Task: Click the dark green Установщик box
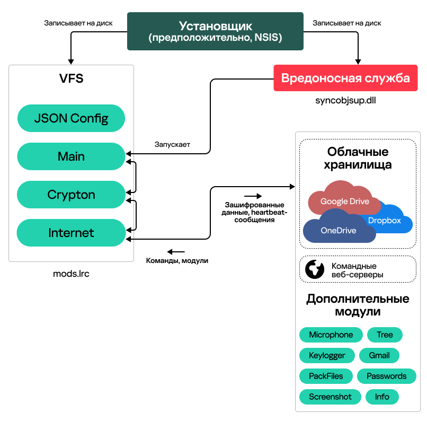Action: [215, 31]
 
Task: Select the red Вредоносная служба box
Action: [345, 78]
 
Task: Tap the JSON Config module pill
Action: [71, 118]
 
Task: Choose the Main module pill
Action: [71, 156]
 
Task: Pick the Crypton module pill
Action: [71, 195]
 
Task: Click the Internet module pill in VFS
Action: [71, 233]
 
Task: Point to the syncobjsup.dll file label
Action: [345, 100]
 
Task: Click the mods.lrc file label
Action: [71, 274]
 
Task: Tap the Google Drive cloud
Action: [344, 200]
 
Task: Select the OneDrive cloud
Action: [338, 230]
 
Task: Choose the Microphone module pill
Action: [331, 335]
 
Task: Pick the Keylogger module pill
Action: [327, 355]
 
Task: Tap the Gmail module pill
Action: [379, 355]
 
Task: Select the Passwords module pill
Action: [386, 376]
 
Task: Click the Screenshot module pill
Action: [330, 397]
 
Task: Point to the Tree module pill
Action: [385, 335]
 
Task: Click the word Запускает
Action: [172, 144]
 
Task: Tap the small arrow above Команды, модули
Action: [176, 251]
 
